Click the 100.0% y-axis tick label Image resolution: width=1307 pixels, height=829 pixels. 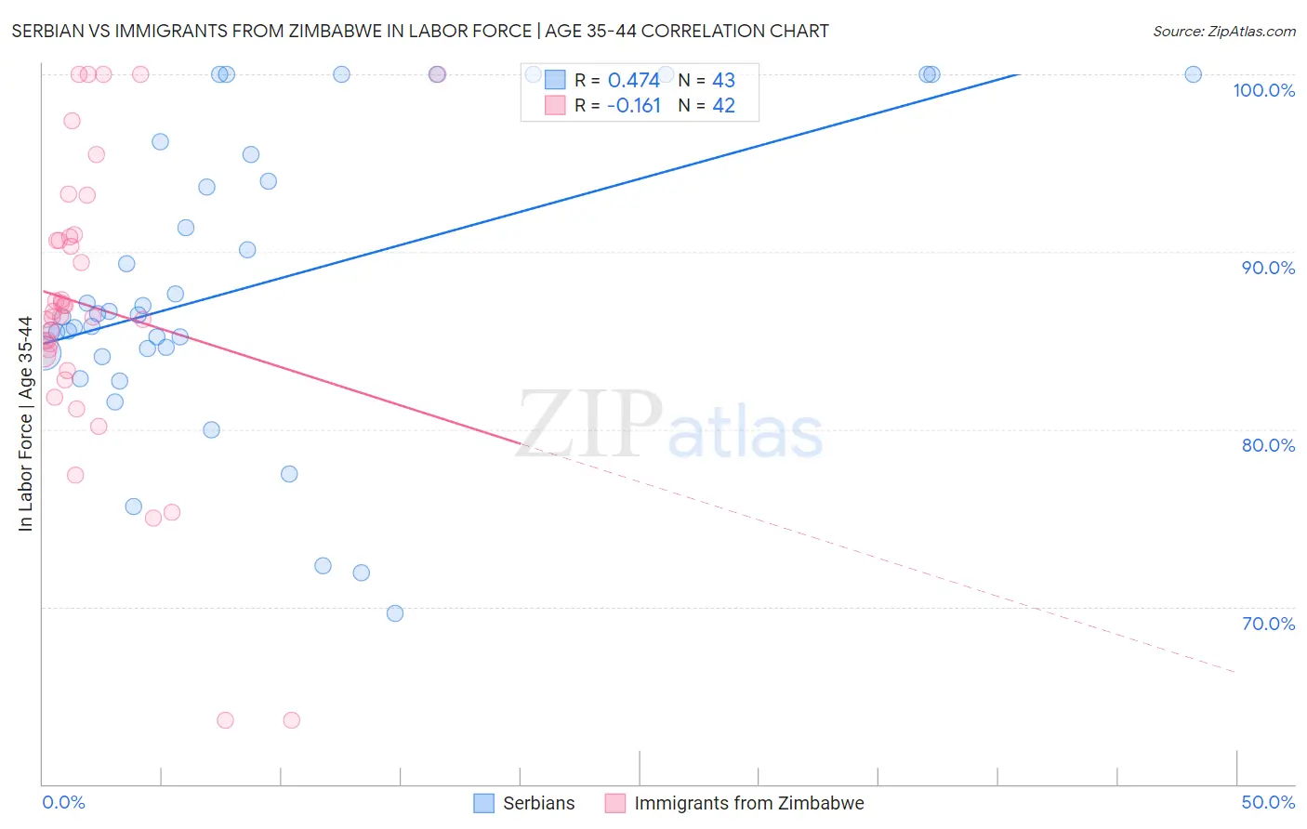click(x=1263, y=90)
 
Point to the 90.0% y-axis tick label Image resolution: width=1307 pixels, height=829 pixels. click(x=1268, y=268)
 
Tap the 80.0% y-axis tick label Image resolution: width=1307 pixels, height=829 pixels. click(x=1268, y=445)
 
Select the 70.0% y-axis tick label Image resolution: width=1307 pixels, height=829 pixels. click(x=1268, y=624)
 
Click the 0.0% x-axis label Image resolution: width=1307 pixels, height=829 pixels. click(x=63, y=802)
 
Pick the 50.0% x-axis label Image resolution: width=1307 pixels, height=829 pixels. click(x=1268, y=802)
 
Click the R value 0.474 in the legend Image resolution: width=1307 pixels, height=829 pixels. click(x=633, y=80)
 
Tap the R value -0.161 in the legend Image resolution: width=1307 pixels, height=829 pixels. click(x=633, y=106)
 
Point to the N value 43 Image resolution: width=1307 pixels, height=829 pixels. click(x=723, y=80)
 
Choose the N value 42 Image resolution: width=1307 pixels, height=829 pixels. click(x=723, y=106)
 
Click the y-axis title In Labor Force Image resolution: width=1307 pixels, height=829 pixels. click(x=25, y=424)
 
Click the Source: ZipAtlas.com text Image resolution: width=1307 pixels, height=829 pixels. click(x=1223, y=32)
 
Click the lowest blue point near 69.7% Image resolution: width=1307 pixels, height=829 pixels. click(x=395, y=613)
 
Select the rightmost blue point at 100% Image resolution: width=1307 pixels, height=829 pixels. click(x=1193, y=74)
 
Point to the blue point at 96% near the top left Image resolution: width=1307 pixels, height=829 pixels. click(x=160, y=142)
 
